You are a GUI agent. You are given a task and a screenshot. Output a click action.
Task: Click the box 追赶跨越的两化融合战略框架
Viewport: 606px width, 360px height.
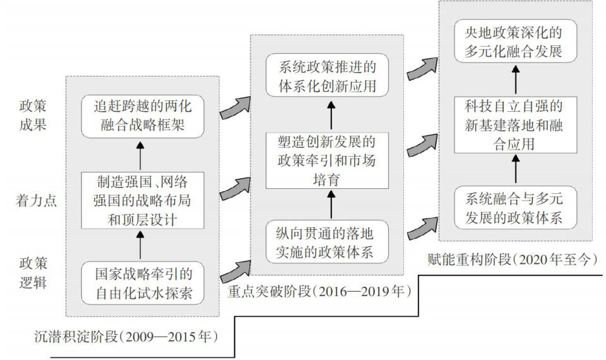pos(142,116)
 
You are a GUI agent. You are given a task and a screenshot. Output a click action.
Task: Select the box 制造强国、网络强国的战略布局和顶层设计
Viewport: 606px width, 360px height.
pos(142,200)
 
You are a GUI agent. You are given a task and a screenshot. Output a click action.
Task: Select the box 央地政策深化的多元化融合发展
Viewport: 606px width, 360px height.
pos(516,41)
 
